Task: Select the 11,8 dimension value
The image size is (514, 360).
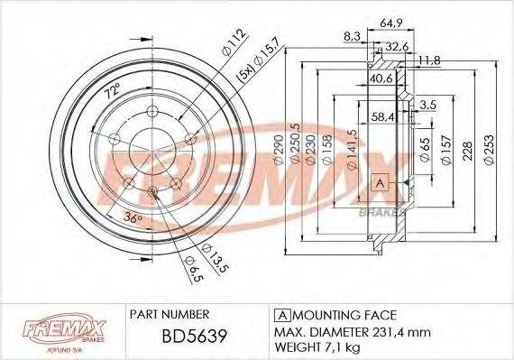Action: [429, 60]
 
